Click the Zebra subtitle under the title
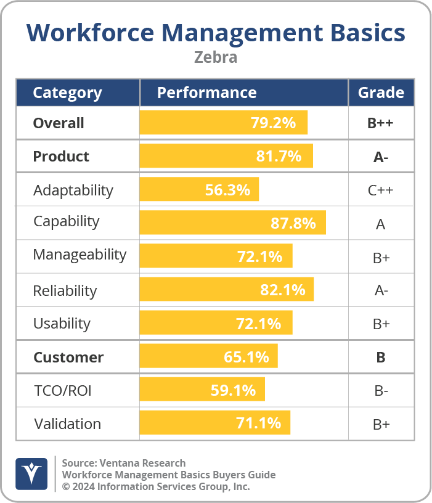pos(216,57)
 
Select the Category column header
pos(67,93)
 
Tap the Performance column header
pos(206,93)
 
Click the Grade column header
pos(381,93)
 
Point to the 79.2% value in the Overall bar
pos(273,123)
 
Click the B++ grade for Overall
pos(380,123)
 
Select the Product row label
pos(61,157)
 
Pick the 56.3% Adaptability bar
pos(199,190)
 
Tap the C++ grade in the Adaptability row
pos(380,190)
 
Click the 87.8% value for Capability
pos(293,223)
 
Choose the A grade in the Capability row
pos(380,224)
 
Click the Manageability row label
pos(79,255)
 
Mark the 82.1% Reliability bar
pos(227,290)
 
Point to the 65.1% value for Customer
pos(246,357)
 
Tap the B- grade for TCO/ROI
pos(381,391)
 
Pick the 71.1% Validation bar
pos(214,423)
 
